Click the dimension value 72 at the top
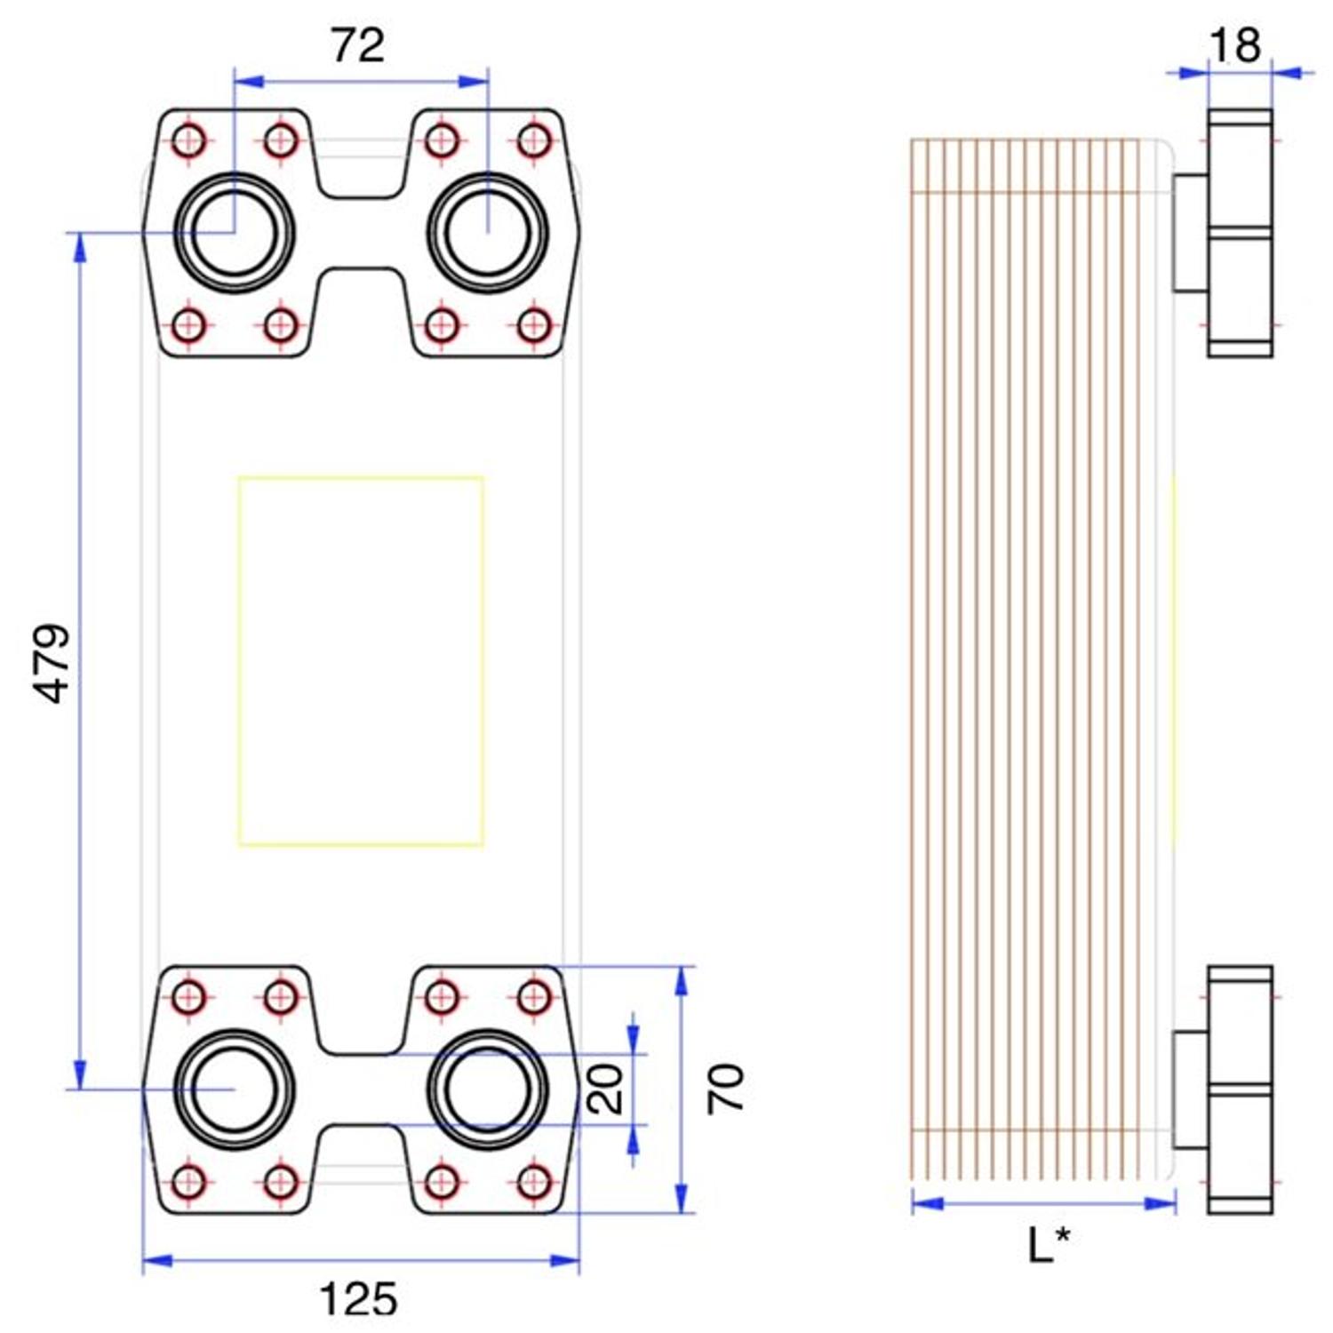[358, 45]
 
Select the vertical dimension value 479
[55, 663]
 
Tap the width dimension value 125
[358, 1300]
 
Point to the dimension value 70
[725, 1089]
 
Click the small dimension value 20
[607, 1089]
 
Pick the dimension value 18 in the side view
[1235, 44]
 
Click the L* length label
[1049, 1245]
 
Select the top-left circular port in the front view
[235, 233]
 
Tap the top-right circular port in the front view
[488, 233]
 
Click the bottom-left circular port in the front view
[235, 1090]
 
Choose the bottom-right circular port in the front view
[488, 1090]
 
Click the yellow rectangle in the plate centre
[361, 661]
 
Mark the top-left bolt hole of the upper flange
[188, 140]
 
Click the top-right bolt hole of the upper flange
[534, 140]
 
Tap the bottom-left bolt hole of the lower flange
[188, 1182]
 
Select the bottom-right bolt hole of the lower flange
[534, 1182]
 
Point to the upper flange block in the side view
[1240, 233]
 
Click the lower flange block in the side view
[1240, 1090]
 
